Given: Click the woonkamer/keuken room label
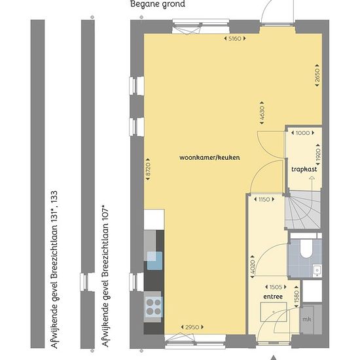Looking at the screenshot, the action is [209, 158].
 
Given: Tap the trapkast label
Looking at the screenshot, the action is [304, 170].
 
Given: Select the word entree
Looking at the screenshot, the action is [273, 297].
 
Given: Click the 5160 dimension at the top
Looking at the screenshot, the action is [234, 39].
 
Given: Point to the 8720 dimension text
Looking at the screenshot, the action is [148, 170].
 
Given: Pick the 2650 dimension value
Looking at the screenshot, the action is [317, 75].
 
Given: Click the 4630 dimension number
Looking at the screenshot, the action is [262, 113].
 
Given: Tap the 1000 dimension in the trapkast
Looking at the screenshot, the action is [302, 133].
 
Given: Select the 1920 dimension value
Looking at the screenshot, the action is [318, 154].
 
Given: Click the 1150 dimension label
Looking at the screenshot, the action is [264, 199].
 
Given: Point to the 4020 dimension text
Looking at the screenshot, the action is [252, 267].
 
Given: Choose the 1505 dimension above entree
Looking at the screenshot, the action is [276, 287].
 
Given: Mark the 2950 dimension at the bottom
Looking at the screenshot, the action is [192, 327].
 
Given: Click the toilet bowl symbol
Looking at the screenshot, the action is [306, 249].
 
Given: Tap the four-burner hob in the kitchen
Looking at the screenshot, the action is [154, 307].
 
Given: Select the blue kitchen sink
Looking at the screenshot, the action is [154, 261].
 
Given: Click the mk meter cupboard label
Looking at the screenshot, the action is [306, 319].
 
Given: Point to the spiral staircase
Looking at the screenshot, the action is [303, 209].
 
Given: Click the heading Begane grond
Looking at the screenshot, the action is [158, 4].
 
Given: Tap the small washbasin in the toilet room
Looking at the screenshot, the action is [317, 271].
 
